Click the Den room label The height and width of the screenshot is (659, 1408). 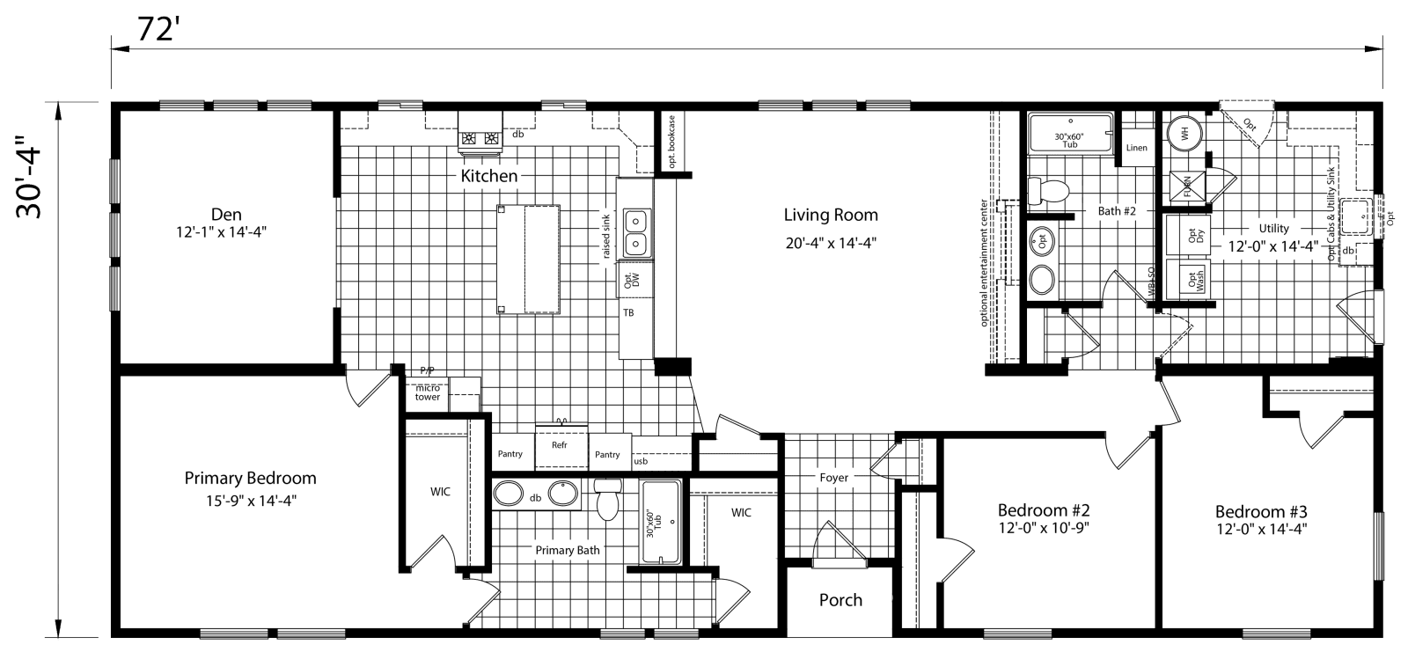point(226,215)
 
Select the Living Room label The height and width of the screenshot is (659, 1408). point(831,215)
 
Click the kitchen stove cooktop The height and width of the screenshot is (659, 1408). point(480,138)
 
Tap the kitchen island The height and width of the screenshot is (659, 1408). point(528,259)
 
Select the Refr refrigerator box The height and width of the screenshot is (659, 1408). point(560,445)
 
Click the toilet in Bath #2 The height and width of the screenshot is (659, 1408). point(1047,189)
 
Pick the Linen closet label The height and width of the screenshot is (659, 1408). point(1136,148)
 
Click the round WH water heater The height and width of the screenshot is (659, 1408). point(1184,135)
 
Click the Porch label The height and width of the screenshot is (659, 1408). point(840,600)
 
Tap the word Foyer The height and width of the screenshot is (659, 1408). point(833,478)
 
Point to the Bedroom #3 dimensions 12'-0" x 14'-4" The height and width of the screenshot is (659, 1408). point(1261,529)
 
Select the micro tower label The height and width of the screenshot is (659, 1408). point(428,392)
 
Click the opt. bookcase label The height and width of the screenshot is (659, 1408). point(671,141)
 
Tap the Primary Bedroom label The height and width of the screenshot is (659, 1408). point(250,479)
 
